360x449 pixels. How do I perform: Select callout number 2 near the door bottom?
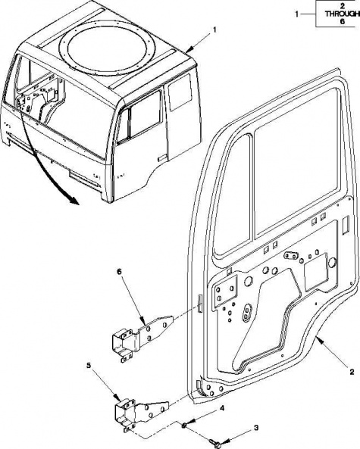pyautogui.click(x=352, y=372)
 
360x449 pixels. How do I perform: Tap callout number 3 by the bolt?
pyautogui.click(x=256, y=428)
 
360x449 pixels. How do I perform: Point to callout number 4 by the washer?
pyautogui.click(x=222, y=408)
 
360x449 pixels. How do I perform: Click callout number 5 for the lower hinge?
pyautogui.click(x=89, y=365)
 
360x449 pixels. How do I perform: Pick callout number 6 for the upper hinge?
pyautogui.click(x=119, y=271)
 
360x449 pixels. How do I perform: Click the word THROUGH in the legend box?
pyautogui.click(x=343, y=14)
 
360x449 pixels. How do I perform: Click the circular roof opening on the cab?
pyautogui.click(x=108, y=48)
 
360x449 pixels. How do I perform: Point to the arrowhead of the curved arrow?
pyautogui.click(x=73, y=201)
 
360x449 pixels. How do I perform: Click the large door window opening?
pyautogui.click(x=296, y=164)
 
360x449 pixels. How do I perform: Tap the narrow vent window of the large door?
pyautogui.click(x=232, y=195)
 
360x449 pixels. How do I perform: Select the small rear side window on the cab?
pyautogui.click(x=180, y=92)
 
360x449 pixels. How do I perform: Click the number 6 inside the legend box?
pyautogui.click(x=343, y=21)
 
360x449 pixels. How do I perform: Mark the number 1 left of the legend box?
pyautogui.click(x=297, y=14)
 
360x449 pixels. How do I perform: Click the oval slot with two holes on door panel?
pyautogui.click(x=246, y=313)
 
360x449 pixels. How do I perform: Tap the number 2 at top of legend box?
pyautogui.click(x=343, y=6)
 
